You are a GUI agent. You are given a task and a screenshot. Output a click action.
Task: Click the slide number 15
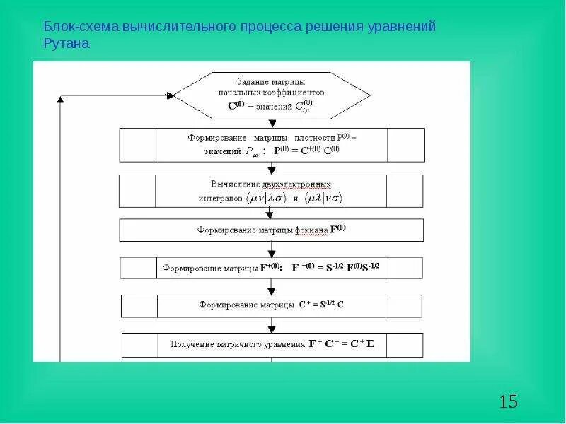508,402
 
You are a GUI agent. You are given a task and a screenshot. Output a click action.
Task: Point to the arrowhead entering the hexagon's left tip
169,95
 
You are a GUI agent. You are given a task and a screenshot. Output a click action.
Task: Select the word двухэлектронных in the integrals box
296,182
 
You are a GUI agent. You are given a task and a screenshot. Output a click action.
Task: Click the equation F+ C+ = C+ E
341,344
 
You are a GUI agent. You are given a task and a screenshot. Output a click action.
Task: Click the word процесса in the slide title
266,27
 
